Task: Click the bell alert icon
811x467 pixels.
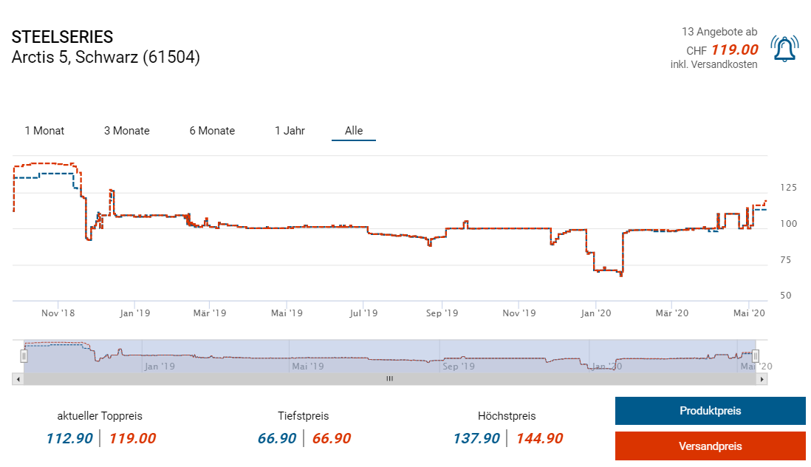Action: click(784, 49)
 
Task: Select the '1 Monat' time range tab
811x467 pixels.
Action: click(44, 131)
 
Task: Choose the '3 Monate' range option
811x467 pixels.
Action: click(126, 131)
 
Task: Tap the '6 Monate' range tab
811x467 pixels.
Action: click(212, 131)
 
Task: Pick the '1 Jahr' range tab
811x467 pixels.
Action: click(290, 131)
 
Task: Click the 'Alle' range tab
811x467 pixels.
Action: click(354, 131)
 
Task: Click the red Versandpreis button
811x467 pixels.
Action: click(710, 446)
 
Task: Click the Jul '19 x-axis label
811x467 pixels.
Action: click(363, 313)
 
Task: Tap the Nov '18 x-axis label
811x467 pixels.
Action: click(58, 313)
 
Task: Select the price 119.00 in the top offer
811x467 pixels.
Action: click(734, 50)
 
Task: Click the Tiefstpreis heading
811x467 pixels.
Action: click(304, 416)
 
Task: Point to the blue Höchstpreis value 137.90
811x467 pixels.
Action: click(476, 438)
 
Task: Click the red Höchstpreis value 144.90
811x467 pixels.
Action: click(539, 438)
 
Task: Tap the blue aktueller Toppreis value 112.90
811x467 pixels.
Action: click(69, 438)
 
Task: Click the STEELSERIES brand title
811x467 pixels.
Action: click(63, 37)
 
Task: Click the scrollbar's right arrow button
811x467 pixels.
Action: click(762, 378)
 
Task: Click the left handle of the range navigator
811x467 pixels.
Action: click(24, 356)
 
